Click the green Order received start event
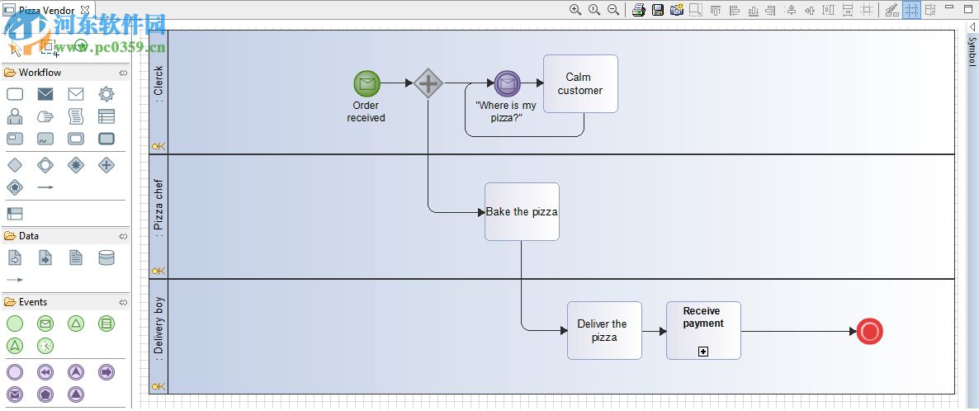(367, 83)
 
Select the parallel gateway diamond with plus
(428, 83)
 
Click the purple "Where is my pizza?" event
(508, 83)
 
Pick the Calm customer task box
(580, 83)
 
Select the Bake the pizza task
(522, 212)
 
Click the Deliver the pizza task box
(603, 330)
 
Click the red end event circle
(869, 332)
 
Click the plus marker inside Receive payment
(703, 352)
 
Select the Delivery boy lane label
(158, 329)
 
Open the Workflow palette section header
(40, 73)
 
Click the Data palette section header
(29, 236)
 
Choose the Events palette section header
(33, 302)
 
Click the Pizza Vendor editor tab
(46, 11)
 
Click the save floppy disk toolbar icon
(658, 10)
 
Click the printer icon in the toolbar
(638, 10)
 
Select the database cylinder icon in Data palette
(106, 258)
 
